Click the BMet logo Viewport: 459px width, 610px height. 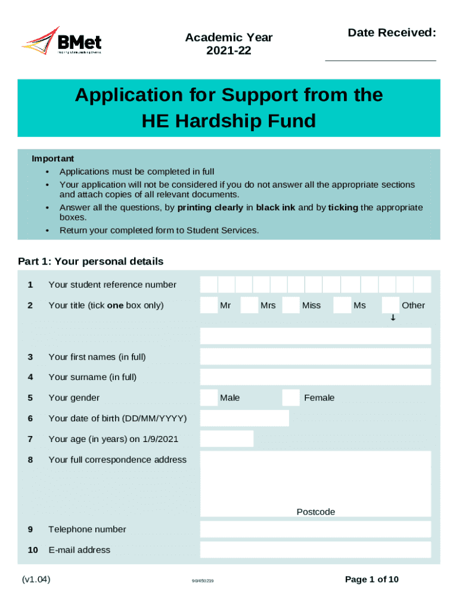61,42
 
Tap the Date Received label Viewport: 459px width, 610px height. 392,33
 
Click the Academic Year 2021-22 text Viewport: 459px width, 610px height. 229,44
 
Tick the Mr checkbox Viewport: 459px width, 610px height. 209,305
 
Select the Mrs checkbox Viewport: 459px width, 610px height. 249,305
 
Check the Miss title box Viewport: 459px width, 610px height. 291,305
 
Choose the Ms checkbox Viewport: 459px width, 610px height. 342,305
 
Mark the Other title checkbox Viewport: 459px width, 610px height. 390,305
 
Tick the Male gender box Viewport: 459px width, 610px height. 209,397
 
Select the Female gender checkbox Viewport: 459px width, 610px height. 291,397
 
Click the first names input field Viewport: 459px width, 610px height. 315,357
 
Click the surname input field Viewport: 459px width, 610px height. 315,377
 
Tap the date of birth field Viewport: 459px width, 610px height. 244,418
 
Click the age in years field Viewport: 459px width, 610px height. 227,439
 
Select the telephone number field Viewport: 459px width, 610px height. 315,529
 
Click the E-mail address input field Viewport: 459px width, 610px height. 315,550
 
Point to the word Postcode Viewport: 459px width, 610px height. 316,512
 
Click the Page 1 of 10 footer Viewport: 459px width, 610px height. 372,580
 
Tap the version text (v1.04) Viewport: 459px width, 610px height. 36,579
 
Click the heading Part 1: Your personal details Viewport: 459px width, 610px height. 91,261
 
